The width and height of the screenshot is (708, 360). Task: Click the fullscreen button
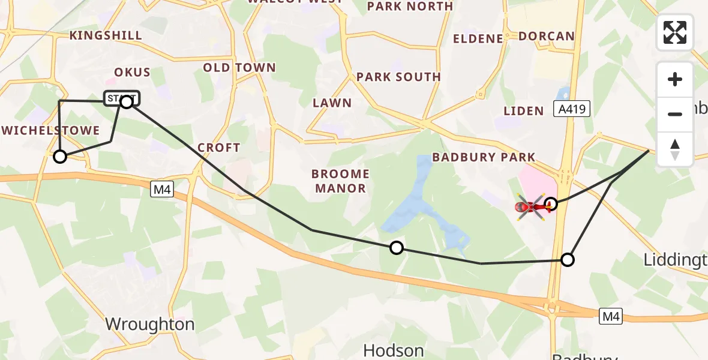(x=675, y=32)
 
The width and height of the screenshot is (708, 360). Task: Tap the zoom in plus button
(x=675, y=79)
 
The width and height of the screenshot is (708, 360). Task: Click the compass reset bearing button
(x=675, y=149)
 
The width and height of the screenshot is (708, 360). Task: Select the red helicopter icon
(x=532, y=207)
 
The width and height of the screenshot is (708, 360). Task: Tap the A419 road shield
(x=574, y=109)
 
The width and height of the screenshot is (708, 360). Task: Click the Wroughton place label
(x=150, y=325)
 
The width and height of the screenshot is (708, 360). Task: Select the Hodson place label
(x=394, y=350)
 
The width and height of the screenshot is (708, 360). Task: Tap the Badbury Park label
(x=484, y=157)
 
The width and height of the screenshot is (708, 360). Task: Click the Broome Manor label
(x=340, y=181)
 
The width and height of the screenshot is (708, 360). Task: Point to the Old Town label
(x=239, y=68)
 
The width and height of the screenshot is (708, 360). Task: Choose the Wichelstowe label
(x=50, y=131)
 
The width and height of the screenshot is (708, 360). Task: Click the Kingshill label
(x=106, y=35)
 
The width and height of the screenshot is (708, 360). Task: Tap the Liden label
(x=523, y=110)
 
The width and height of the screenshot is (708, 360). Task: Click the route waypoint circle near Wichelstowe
(x=60, y=157)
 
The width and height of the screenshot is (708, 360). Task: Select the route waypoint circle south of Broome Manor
(x=396, y=247)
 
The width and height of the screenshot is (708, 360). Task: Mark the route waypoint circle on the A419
(x=567, y=260)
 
